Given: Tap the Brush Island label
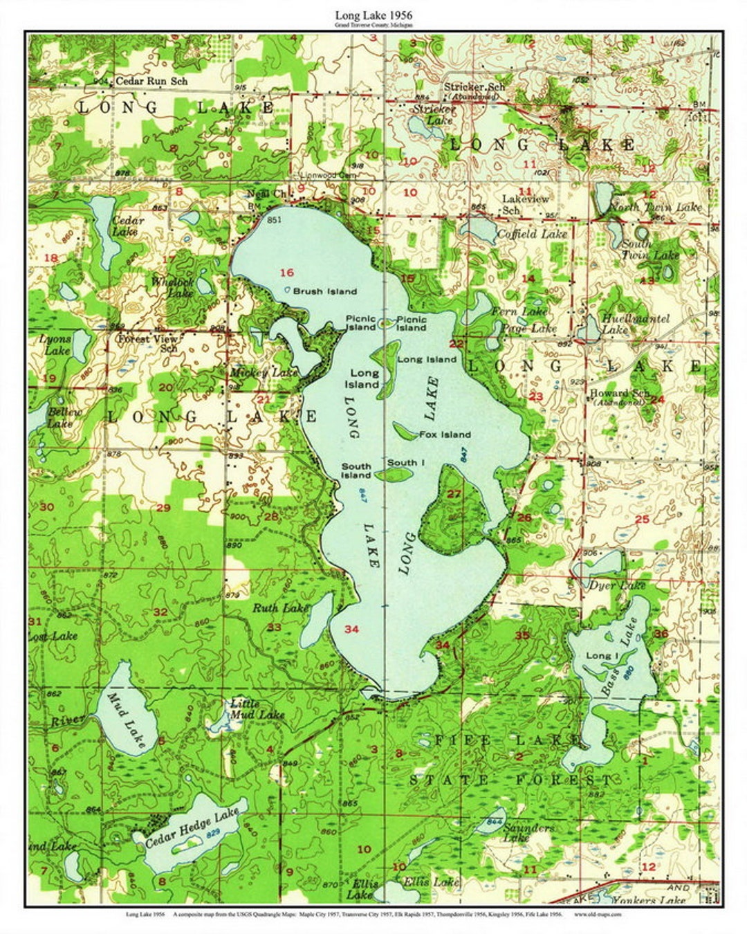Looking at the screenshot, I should [324, 291].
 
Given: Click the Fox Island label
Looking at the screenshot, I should [444, 434].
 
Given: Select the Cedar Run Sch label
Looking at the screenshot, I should [160, 81].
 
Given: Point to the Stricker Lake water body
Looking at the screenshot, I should [421, 127].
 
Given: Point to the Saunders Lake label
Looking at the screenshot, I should [527, 832].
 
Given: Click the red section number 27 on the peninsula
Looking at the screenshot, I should [454, 494].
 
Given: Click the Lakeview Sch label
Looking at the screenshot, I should [525, 204].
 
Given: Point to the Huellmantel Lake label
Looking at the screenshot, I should [625, 324].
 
